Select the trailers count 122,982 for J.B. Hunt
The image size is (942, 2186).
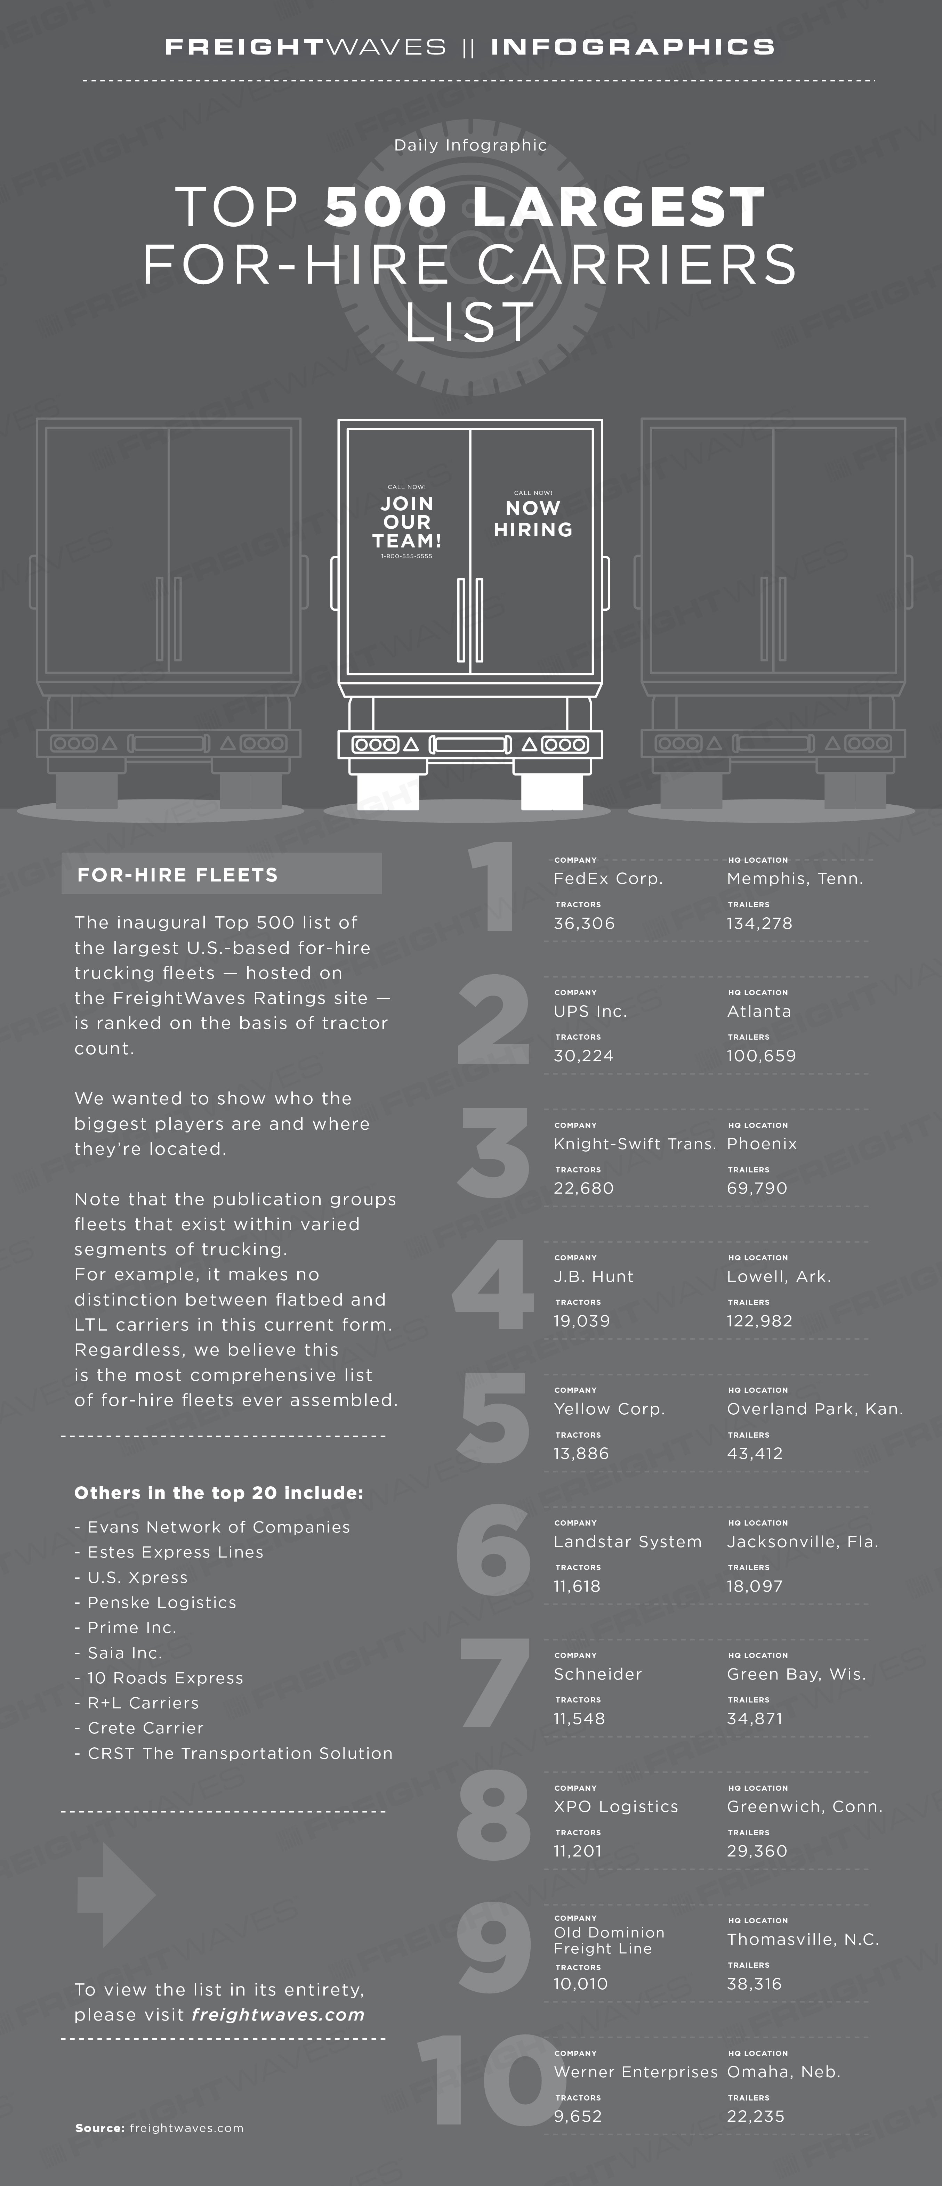point(759,1321)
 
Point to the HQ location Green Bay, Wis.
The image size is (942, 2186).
point(796,1674)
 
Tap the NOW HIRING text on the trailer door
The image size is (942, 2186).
point(533,519)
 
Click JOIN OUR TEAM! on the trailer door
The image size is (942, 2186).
point(406,521)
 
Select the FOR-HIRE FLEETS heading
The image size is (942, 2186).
point(177,875)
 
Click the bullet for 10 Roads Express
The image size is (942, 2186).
point(78,1679)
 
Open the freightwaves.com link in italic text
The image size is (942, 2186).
point(278,2015)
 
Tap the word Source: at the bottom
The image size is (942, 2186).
point(100,2128)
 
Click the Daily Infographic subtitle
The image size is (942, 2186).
point(470,145)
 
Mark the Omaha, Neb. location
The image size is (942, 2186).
point(783,2072)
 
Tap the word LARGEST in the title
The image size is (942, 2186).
point(619,207)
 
